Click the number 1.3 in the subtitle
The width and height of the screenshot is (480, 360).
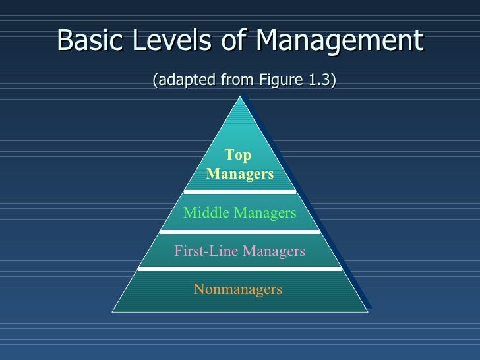pos(318,80)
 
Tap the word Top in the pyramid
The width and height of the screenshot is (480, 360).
pos(238,156)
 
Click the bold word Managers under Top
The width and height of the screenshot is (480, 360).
pos(240,174)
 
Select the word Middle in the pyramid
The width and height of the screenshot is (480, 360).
pos(204,213)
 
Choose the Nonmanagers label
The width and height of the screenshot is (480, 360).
pos(238,289)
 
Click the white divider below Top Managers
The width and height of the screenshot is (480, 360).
pos(240,192)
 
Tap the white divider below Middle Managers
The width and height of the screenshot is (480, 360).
pos(240,231)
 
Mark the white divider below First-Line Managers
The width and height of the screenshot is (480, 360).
pos(240,269)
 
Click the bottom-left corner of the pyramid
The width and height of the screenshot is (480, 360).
pos(113,311)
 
